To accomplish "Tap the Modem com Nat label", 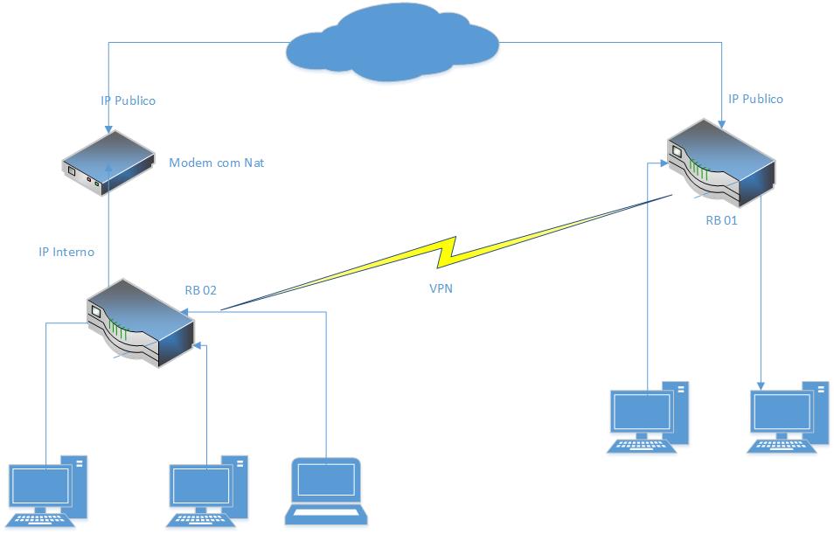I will pyautogui.click(x=216, y=163).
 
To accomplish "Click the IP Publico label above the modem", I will pyautogui.click(x=128, y=101).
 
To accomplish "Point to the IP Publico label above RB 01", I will pyautogui.click(x=755, y=99).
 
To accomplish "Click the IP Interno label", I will pyautogui.click(x=66, y=252).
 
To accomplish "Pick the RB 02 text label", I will pyautogui.click(x=200, y=290).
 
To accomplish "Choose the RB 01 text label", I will pyautogui.click(x=721, y=220).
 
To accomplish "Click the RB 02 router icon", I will pyautogui.click(x=139, y=323).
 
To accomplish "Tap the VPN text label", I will pyautogui.click(x=441, y=289).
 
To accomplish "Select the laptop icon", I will pyautogui.click(x=324, y=491).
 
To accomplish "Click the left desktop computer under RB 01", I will pyautogui.click(x=648, y=418).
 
